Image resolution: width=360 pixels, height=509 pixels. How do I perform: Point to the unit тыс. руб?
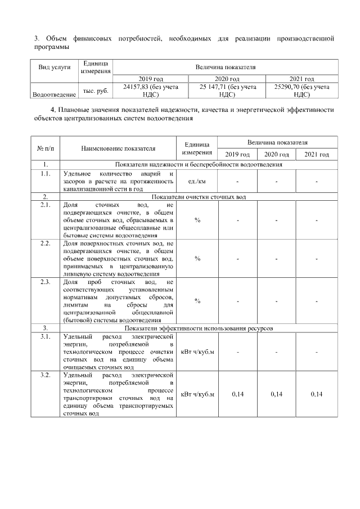[96, 91]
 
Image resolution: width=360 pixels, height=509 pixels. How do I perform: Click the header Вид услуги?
[54, 67]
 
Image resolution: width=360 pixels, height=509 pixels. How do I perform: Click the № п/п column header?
[45, 148]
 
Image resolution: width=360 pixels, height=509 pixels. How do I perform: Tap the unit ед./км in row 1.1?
[197, 181]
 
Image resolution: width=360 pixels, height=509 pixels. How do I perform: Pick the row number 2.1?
[45, 206]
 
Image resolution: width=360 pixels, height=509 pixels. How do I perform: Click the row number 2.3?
[45, 281]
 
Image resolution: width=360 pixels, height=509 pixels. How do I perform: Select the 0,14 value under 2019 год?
[237, 394]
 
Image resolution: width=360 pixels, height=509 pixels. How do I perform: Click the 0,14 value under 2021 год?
[317, 394]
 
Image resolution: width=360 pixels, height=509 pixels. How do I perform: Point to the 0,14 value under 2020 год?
[277, 394]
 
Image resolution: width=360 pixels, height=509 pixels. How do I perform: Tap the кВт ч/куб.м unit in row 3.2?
[197, 394]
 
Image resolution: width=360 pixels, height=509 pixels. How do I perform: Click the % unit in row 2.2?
[197, 258]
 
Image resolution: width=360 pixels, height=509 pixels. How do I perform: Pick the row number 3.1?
[45, 336]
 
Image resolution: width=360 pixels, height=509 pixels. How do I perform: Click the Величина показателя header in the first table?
[226, 67]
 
